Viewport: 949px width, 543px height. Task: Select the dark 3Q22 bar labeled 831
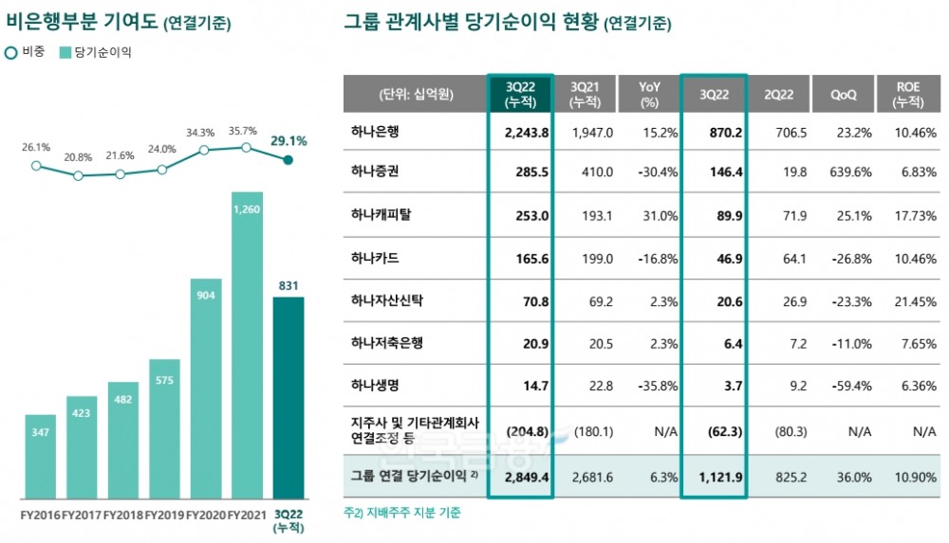point(288,398)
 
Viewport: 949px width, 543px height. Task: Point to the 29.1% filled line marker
point(288,160)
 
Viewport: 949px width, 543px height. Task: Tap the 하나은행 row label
point(377,132)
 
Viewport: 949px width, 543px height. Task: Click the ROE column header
point(908,95)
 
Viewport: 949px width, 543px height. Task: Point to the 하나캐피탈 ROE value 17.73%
point(912,216)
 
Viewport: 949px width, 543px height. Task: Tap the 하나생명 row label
point(377,386)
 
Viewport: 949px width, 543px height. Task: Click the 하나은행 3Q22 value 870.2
point(721,132)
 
